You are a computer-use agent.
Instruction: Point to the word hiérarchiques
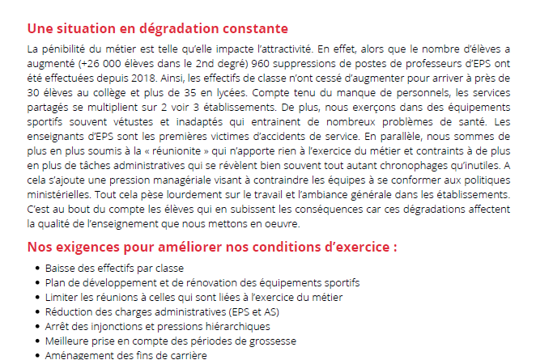pos(231,326)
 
